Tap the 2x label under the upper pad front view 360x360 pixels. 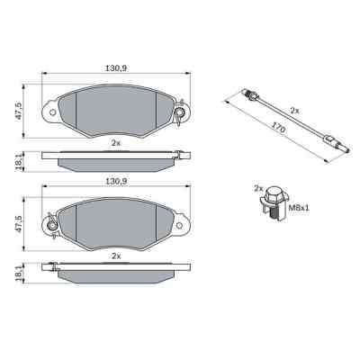[x=115, y=143]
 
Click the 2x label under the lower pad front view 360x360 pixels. [x=115, y=256]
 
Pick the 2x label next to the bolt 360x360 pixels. [x=258, y=190]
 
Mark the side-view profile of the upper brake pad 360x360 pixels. [x=115, y=161]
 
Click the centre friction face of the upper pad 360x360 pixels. [x=115, y=110]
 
